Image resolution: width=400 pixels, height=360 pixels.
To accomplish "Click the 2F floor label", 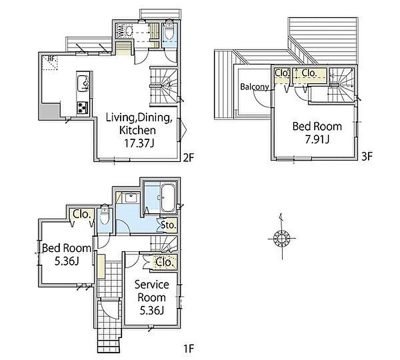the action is point(189,157).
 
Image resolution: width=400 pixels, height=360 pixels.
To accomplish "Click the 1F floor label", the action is point(189,348).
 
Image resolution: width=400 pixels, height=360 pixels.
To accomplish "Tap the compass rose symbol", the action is point(282,238).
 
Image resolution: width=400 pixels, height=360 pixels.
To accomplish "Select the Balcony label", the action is point(255,87).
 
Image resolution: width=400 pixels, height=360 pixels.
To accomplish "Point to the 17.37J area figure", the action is point(139,144).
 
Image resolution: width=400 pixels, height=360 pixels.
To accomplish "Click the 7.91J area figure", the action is point(317,139).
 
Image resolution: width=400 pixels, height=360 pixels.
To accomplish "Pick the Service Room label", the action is point(152,291).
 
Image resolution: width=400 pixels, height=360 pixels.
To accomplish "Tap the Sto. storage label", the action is point(168,225).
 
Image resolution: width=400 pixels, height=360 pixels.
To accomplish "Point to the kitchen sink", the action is point(83,83).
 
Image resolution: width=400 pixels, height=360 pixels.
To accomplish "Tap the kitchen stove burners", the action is point(82,108).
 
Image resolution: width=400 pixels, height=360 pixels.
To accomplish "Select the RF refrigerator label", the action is point(52,58).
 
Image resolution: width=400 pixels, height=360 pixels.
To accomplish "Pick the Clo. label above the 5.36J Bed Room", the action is point(82,214).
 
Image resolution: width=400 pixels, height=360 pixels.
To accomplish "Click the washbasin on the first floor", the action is point(131,198).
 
